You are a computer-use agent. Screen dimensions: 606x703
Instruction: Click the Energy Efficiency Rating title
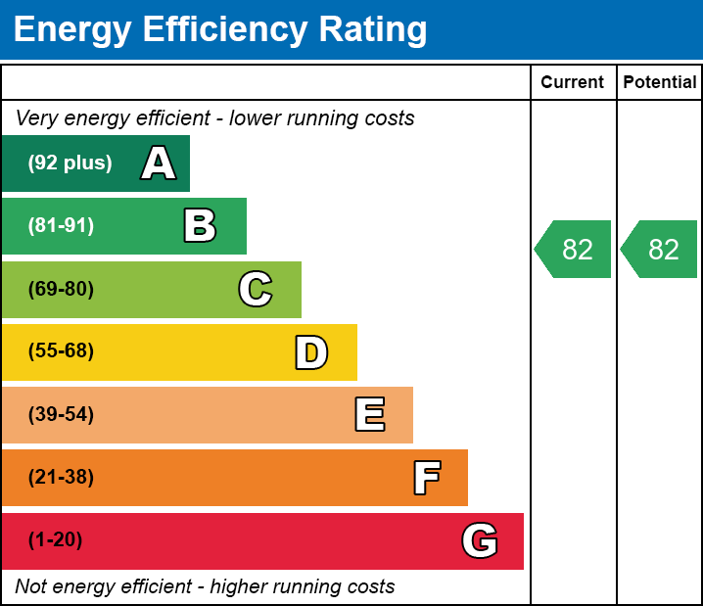point(220,30)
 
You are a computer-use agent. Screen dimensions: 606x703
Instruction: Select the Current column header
point(573,82)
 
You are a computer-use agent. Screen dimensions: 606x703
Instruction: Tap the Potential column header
point(660,82)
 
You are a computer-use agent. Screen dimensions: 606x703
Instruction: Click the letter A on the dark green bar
point(159,163)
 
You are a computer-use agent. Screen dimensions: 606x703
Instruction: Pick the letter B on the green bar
point(200,226)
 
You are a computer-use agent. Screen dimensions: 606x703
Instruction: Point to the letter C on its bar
point(256,290)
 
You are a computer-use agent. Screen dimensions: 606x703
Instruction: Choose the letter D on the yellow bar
point(311,352)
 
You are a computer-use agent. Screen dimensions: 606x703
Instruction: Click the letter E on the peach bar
point(369,415)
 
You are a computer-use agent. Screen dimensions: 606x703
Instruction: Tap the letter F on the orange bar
point(426,478)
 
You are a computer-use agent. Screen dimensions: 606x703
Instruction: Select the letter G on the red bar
point(480,540)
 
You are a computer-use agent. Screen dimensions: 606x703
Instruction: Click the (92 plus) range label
point(70,163)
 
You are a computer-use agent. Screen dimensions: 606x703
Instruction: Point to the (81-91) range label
point(61,226)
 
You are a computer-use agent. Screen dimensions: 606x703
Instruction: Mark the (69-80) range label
point(61,290)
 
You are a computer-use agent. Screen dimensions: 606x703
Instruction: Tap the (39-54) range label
point(61,415)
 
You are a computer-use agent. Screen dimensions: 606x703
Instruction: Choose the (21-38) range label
point(61,478)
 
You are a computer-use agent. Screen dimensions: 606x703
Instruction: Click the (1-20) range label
point(56,540)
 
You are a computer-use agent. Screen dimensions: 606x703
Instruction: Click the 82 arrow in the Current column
point(575,250)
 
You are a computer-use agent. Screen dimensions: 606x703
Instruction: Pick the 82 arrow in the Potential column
point(661,250)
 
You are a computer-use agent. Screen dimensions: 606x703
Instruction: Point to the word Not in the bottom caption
point(31,587)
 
